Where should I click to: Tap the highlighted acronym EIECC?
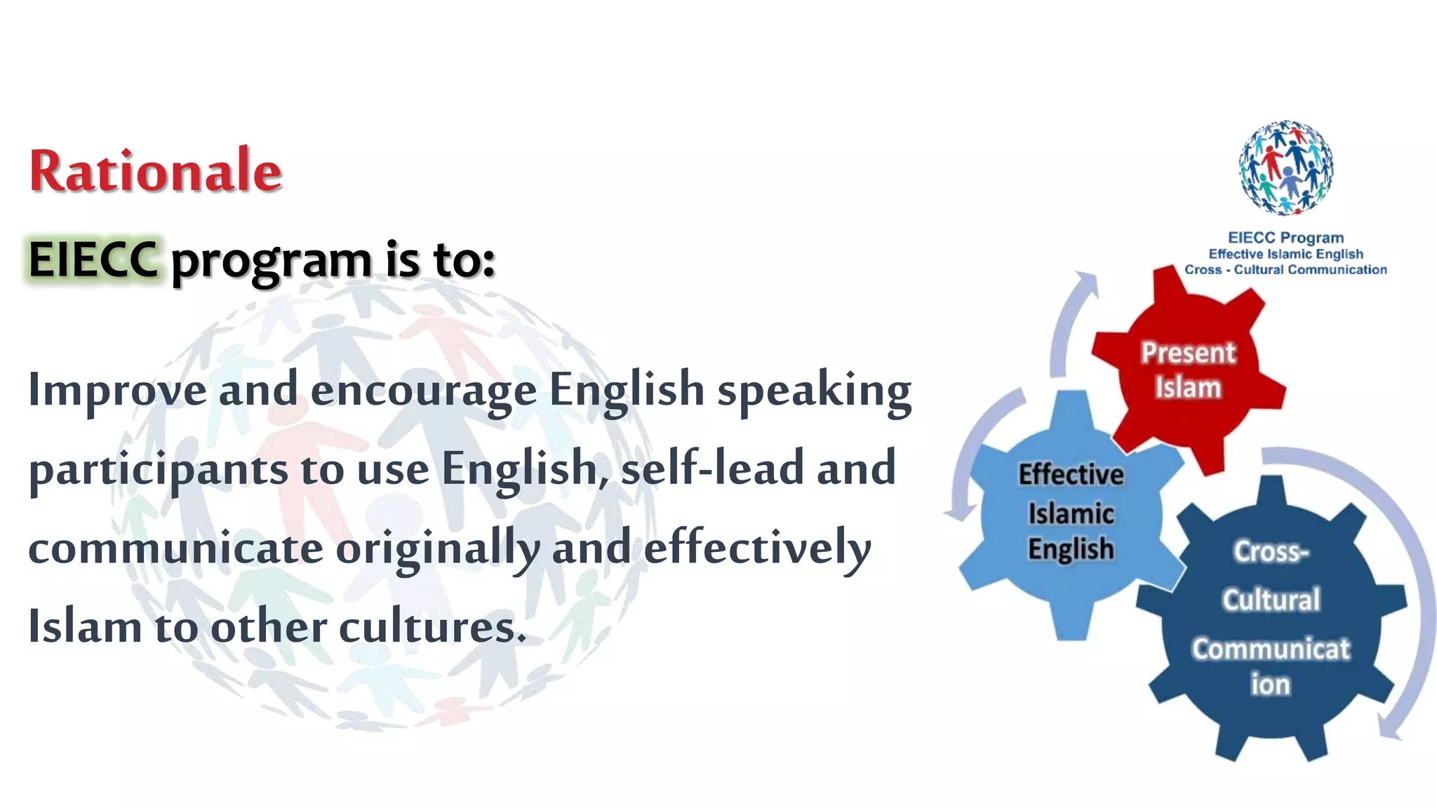click(x=93, y=260)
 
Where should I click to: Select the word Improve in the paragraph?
click(x=117, y=390)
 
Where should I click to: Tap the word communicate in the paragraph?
click(x=175, y=548)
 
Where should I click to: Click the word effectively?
click(x=757, y=548)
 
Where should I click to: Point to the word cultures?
click(x=432, y=626)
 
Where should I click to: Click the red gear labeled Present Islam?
click(x=1189, y=370)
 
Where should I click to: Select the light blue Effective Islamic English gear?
click(x=1071, y=512)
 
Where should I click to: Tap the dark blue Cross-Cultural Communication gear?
click(x=1271, y=617)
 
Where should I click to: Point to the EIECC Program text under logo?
click(x=1285, y=238)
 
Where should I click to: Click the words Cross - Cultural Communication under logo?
click(x=1285, y=270)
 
